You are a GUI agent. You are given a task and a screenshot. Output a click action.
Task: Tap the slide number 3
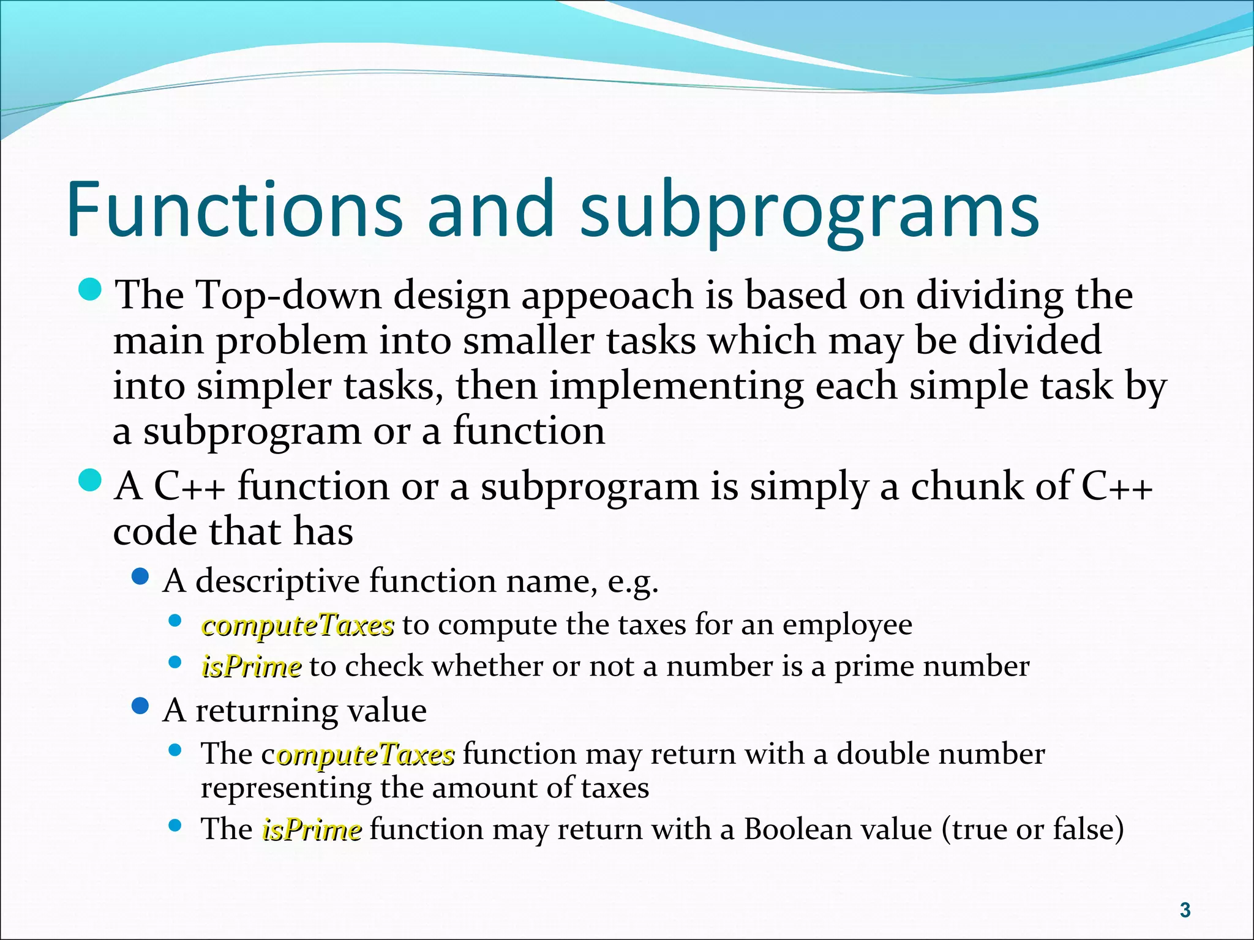coord(1185,910)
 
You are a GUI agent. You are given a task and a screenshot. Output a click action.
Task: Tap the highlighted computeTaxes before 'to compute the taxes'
coord(298,625)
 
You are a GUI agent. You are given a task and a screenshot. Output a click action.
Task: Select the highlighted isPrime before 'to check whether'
coord(251,667)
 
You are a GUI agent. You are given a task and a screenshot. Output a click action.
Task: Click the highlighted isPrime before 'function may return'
coord(312,830)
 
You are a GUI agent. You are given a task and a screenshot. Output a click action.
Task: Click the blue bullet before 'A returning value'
coord(141,707)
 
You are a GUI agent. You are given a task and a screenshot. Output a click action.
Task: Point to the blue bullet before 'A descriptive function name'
coord(141,576)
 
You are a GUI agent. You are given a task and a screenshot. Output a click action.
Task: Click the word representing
coord(286,789)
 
